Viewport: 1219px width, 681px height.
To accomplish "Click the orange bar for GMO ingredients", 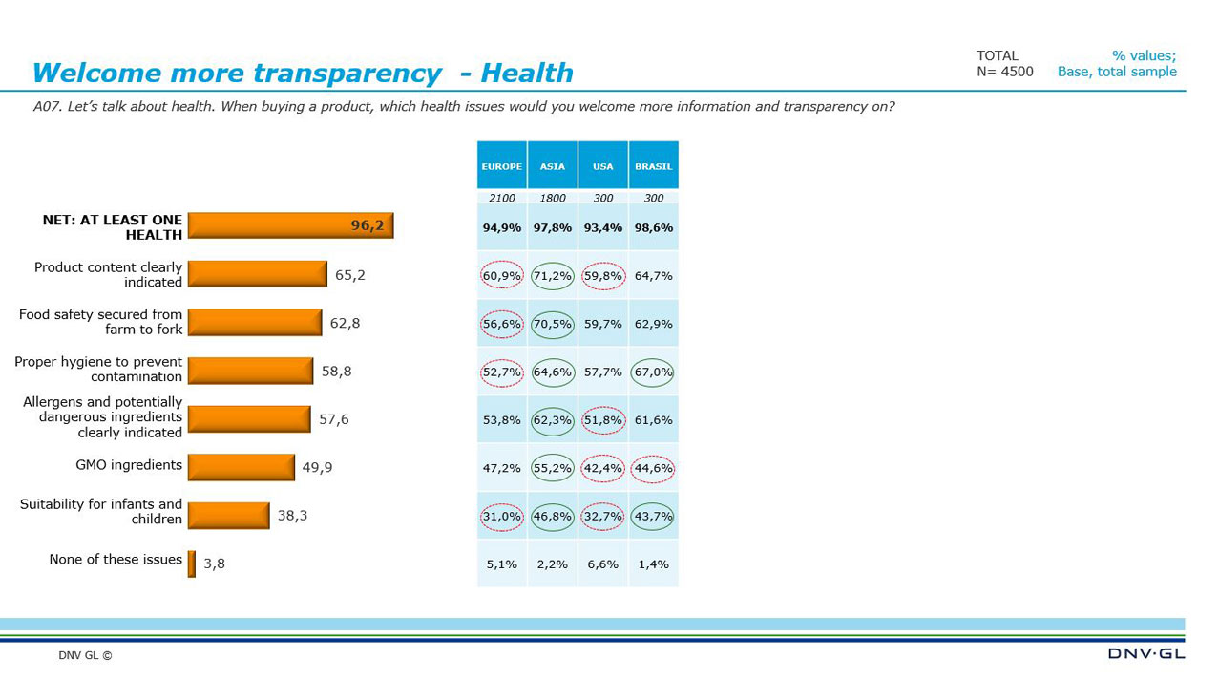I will (242, 467).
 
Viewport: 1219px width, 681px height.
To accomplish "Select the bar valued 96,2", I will (290, 225).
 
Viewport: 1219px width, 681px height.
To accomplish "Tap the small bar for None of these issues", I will (192, 564).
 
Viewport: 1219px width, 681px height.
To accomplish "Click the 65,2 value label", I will (349, 275).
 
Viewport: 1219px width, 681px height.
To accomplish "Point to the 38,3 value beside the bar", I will (292, 516).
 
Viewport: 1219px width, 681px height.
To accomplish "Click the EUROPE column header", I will (501, 166).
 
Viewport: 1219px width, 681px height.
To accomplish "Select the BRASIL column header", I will (653, 166).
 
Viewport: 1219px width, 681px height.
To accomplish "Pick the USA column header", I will (602, 166).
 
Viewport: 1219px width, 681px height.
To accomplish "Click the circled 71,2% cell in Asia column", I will (552, 276).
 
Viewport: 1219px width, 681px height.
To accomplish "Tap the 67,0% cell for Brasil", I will (653, 372).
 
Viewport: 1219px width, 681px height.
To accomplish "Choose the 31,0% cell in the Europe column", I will (501, 516).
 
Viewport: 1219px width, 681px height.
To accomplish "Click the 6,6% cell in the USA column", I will (602, 564).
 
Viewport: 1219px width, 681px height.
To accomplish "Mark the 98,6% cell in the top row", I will (653, 228).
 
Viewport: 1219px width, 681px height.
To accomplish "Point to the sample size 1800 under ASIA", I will (552, 199).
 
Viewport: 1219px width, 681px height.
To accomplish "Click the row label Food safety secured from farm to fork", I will (100, 322).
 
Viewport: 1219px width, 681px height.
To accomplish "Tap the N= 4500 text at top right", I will (1004, 72).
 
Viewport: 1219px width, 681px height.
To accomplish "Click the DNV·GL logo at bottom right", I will (1145, 653).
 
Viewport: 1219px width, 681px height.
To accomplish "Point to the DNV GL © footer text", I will (85, 656).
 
